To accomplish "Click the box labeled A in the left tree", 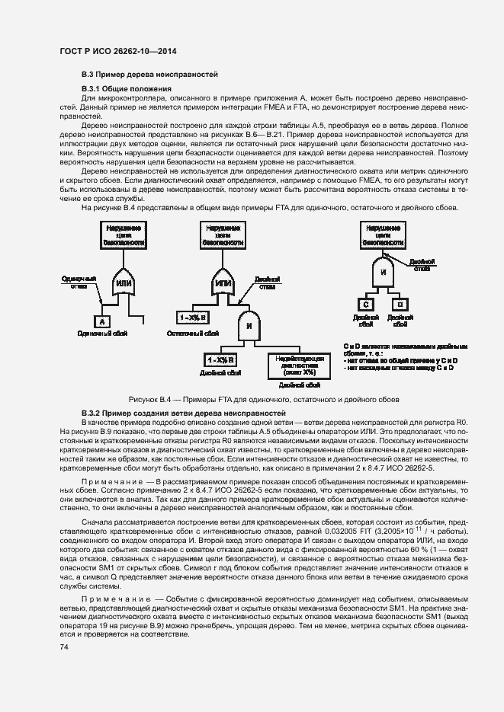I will (102, 321).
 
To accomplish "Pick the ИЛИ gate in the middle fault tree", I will (223, 283).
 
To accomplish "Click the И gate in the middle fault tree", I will (249, 326).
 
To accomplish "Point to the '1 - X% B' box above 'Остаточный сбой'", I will (194, 317).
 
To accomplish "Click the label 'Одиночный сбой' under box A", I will (101, 334).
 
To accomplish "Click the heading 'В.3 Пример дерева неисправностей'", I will (149, 75).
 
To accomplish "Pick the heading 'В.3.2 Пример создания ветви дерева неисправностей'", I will (177, 412).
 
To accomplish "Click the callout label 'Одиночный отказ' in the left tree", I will (75, 283).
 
